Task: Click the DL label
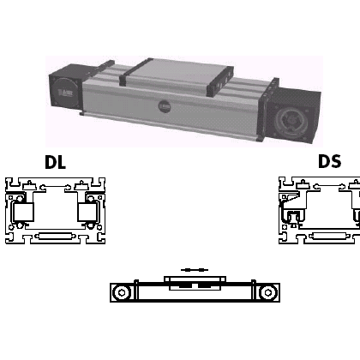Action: tap(55, 162)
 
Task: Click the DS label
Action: tap(329, 161)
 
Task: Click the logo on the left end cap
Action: tap(66, 93)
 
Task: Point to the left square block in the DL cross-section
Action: tap(22, 212)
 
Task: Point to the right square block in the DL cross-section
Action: tap(88, 212)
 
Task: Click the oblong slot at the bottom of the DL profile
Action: tap(55, 237)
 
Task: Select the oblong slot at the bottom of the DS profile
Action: tap(329, 237)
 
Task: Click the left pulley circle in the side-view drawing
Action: tap(122, 292)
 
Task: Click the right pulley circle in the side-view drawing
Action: tap(268, 292)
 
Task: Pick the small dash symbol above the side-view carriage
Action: tap(195, 269)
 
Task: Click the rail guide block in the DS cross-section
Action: tap(293, 217)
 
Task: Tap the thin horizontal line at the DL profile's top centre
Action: tap(55, 187)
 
